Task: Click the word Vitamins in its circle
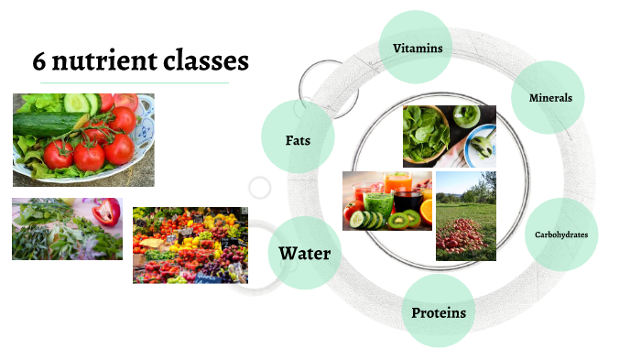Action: [x=418, y=48]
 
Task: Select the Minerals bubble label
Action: [x=550, y=98]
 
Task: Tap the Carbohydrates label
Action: [x=561, y=235]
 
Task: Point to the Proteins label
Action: [x=439, y=313]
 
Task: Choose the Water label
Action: [x=304, y=254]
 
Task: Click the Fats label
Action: [x=299, y=139]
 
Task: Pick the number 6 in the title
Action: [x=39, y=61]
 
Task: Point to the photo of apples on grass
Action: [x=465, y=216]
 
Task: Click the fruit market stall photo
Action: [x=190, y=244]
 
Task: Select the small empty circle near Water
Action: [x=260, y=189]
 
